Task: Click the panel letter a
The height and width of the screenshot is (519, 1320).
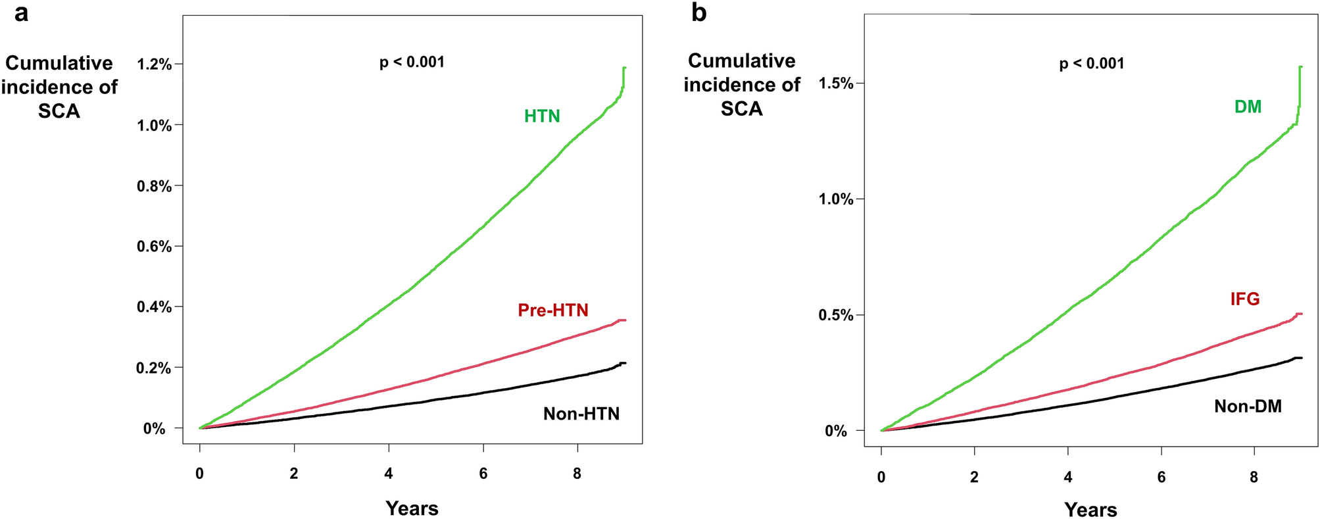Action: click(x=21, y=12)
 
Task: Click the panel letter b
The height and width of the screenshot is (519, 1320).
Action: click(x=698, y=12)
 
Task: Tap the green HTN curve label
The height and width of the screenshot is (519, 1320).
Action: click(x=542, y=116)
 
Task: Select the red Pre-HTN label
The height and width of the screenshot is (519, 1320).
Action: click(x=552, y=310)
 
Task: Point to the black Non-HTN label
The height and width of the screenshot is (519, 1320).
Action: click(x=581, y=414)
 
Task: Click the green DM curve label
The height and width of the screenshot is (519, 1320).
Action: click(x=1248, y=107)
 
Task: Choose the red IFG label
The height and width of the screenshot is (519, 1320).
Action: click(x=1244, y=299)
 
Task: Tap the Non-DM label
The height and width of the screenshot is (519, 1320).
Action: click(x=1247, y=407)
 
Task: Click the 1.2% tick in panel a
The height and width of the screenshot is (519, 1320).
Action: click(x=154, y=64)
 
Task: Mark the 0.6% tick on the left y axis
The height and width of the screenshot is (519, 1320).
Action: click(x=154, y=247)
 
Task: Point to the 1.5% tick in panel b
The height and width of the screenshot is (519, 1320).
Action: click(x=836, y=84)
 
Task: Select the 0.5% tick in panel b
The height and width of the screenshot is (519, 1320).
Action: click(x=836, y=315)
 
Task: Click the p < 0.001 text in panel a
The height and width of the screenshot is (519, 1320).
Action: click(x=412, y=62)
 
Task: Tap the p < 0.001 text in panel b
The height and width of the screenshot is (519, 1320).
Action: click(x=1091, y=64)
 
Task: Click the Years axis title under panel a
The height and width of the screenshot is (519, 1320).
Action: click(x=412, y=508)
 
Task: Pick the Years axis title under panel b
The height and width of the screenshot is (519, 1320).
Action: click(x=1090, y=510)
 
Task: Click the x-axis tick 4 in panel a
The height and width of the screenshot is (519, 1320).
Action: click(x=389, y=474)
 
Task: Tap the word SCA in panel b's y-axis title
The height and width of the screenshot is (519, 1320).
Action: click(x=741, y=109)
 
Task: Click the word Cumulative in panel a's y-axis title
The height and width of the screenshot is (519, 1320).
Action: click(x=59, y=64)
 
